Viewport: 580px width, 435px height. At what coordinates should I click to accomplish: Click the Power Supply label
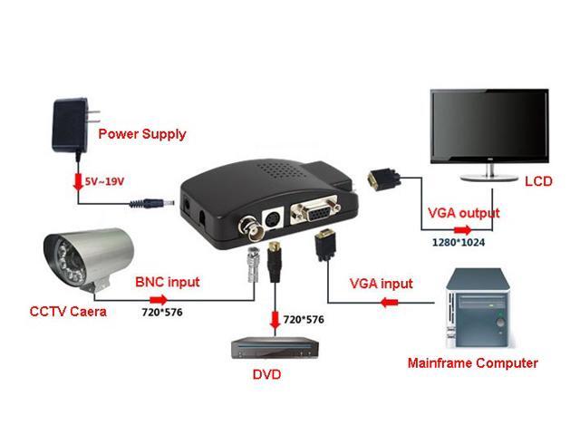click(142, 134)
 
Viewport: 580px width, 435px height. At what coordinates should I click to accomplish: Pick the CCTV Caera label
click(68, 312)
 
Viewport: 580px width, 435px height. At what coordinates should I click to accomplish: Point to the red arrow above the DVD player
click(273, 320)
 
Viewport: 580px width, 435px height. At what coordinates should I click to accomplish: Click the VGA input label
click(382, 284)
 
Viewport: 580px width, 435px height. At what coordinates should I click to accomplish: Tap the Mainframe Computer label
click(473, 363)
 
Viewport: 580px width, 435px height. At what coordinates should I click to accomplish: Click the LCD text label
click(538, 182)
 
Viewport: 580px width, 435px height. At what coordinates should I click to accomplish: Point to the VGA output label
click(463, 214)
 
